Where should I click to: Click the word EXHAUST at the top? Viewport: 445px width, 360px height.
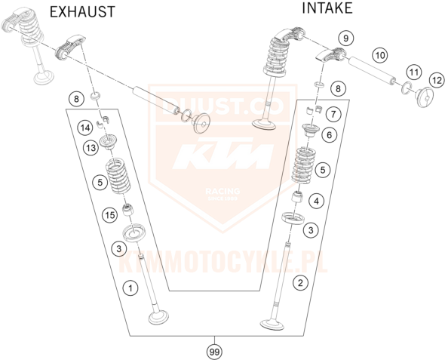click(82, 11)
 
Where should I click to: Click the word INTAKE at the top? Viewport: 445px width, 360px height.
click(327, 8)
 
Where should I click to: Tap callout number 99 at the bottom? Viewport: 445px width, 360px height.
click(215, 349)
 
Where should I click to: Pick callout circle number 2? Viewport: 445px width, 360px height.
click(301, 284)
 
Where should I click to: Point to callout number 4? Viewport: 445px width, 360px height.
click(317, 200)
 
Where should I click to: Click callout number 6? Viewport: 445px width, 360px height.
click(328, 135)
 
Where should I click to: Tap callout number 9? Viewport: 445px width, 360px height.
click(345, 38)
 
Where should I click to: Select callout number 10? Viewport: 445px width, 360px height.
click(379, 55)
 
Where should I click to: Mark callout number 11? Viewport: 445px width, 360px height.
click(413, 72)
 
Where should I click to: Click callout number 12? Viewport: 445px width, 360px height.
click(436, 80)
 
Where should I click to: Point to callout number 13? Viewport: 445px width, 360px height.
click(91, 148)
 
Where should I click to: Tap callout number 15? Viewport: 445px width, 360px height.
click(109, 214)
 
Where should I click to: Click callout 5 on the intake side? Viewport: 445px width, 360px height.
click(324, 171)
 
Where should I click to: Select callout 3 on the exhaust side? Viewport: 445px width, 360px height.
click(118, 248)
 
